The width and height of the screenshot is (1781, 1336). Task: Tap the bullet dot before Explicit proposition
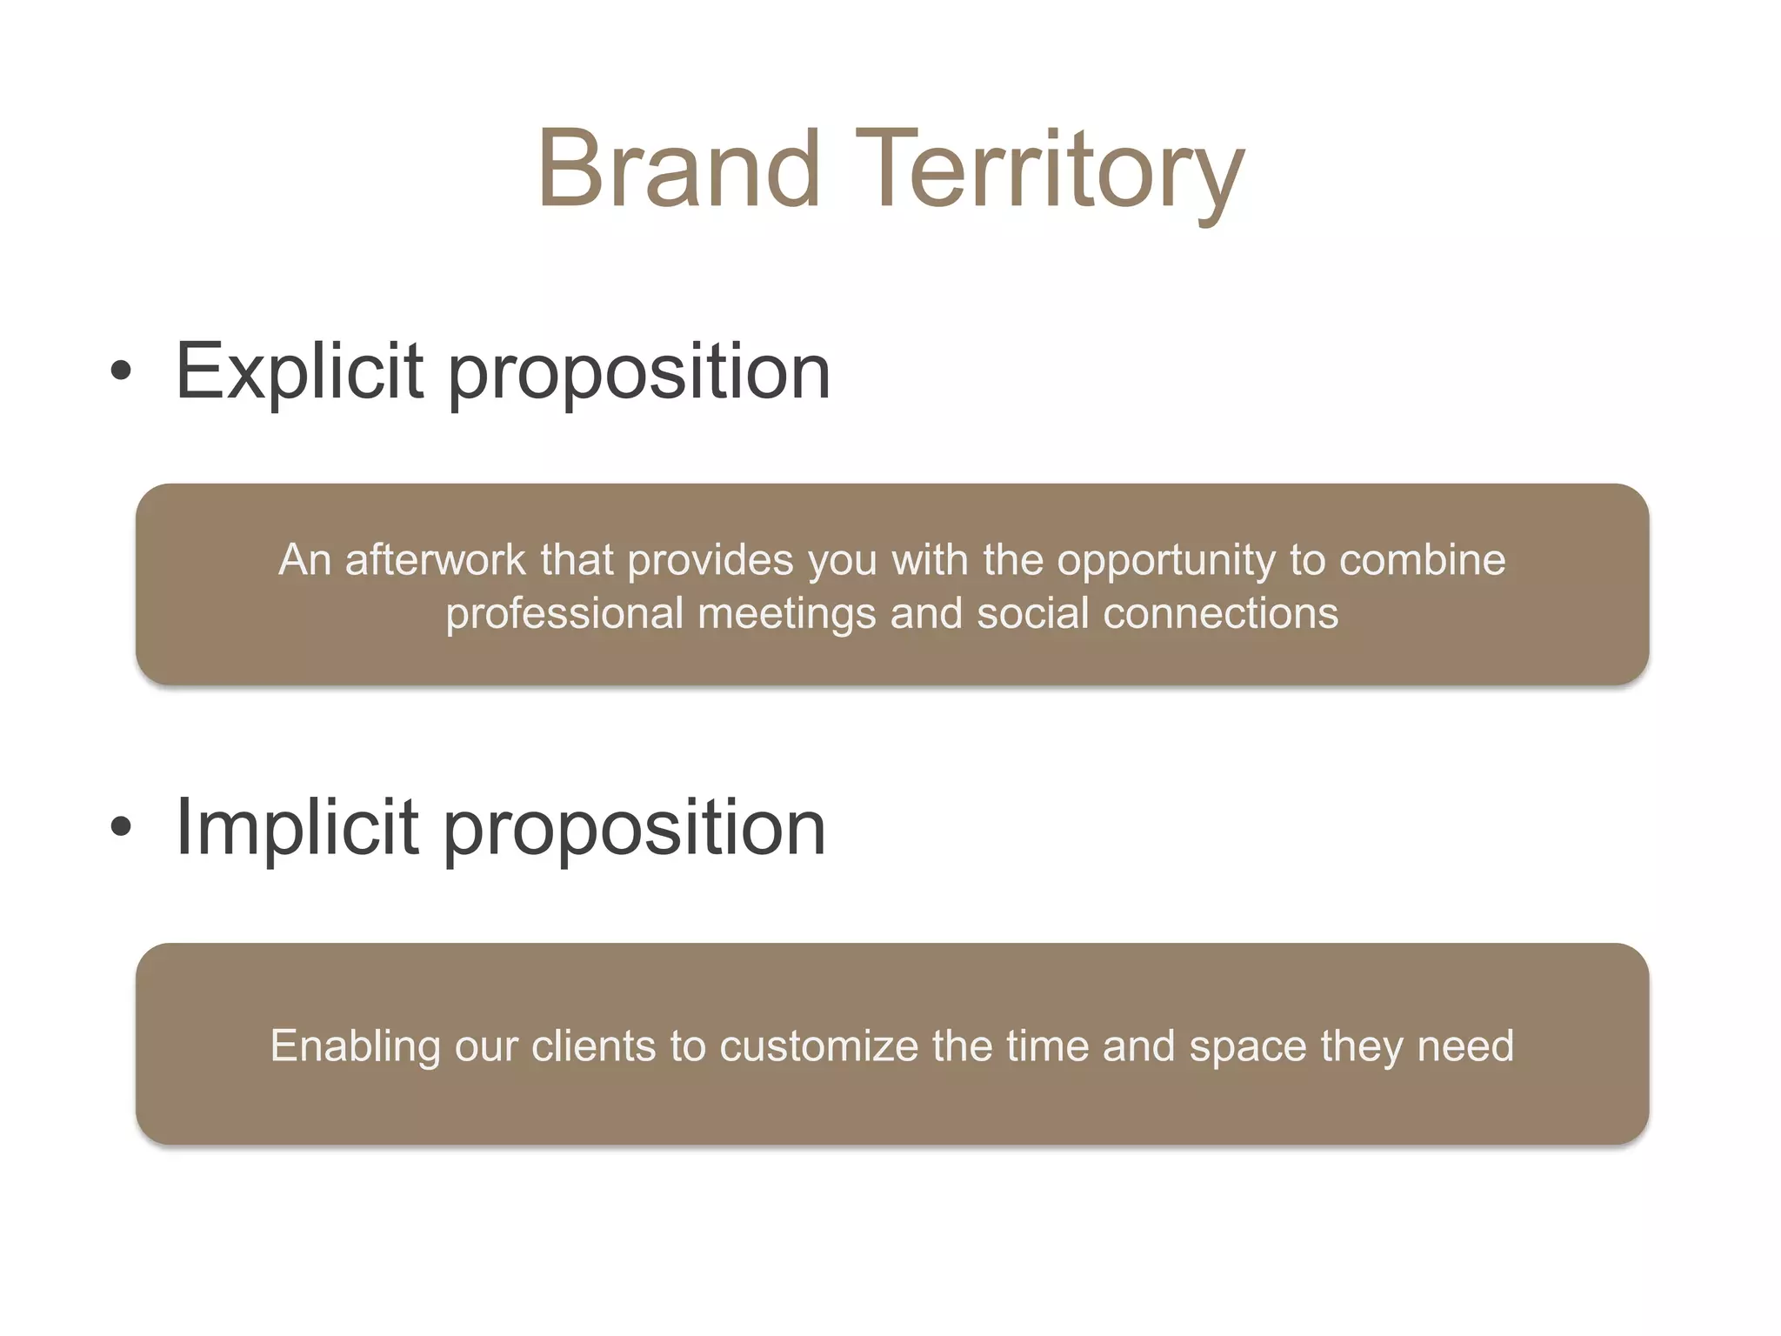(x=122, y=371)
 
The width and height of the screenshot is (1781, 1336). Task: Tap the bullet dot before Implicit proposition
(x=122, y=827)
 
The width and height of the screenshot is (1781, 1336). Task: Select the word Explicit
(x=299, y=371)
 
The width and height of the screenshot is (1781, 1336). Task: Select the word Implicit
(x=297, y=827)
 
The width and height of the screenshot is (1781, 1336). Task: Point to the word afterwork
(x=435, y=559)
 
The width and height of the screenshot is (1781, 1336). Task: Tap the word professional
(x=564, y=614)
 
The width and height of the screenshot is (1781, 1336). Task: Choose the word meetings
(x=786, y=614)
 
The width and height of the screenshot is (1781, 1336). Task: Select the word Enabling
(x=355, y=1046)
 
